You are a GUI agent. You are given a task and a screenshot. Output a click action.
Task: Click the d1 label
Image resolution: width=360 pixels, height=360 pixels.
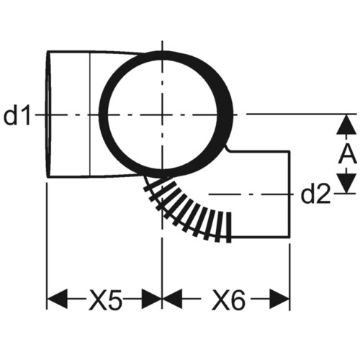(17, 115)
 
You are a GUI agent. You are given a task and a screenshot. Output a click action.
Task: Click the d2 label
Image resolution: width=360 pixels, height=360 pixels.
(315, 194)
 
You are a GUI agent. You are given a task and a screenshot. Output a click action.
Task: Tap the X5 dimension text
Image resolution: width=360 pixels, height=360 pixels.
(106, 299)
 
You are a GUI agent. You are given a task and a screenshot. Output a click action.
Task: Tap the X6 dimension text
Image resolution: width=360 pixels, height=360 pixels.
(228, 299)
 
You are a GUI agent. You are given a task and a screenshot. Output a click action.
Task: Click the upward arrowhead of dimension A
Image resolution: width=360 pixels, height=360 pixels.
(346, 125)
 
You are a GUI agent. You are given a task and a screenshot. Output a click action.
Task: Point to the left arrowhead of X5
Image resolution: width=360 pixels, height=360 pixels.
(57, 299)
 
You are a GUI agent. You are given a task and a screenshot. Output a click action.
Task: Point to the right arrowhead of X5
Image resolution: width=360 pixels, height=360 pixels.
(152, 299)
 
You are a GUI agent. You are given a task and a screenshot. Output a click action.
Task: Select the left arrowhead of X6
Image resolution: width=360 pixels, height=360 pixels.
(172, 299)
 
